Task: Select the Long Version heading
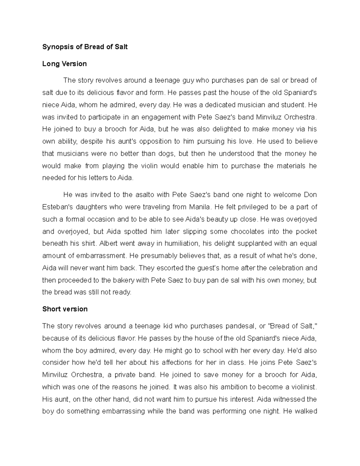pos(64,64)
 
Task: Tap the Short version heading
pos(65,309)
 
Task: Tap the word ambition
pos(233,387)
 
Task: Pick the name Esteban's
pos(57,207)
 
